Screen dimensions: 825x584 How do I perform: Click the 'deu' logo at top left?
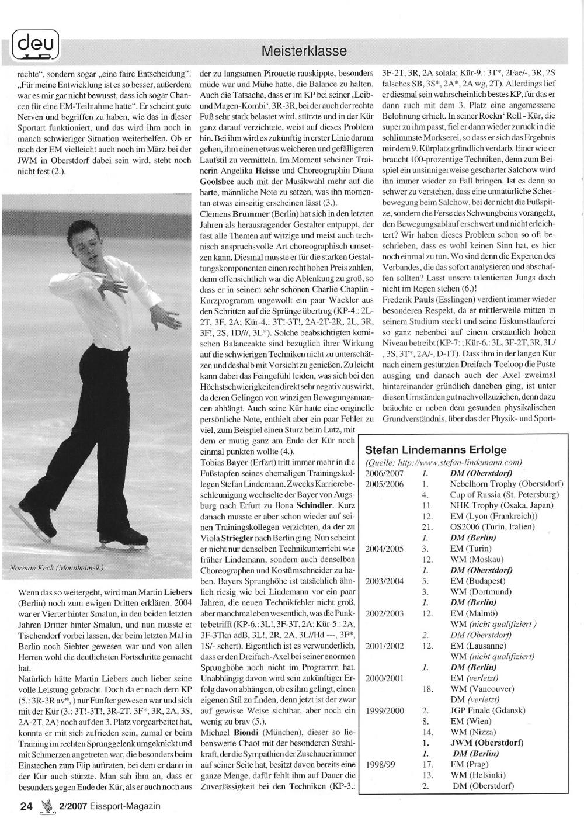click(x=34, y=44)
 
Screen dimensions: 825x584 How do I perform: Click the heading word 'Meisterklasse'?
click(x=304, y=51)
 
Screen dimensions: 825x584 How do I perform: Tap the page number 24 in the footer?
click(x=25, y=806)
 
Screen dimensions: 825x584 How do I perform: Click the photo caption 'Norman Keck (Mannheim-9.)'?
click(x=57, y=567)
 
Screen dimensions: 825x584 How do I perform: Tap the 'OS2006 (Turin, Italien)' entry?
click(x=492, y=526)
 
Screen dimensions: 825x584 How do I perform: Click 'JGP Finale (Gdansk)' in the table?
click(x=488, y=710)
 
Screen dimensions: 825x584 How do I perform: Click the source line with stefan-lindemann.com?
click(x=443, y=462)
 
